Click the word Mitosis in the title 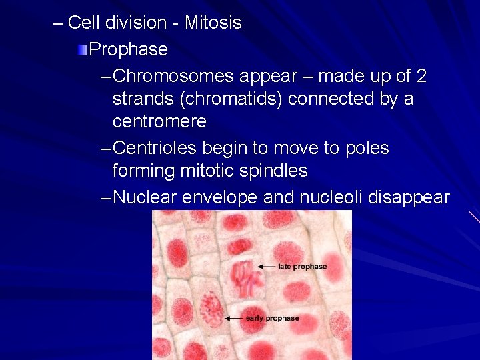tap(213, 23)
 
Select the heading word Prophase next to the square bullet tap(128, 49)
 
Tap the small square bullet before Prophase tap(83, 49)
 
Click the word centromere tap(159, 122)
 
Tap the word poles tap(365, 148)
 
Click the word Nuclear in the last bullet tap(149, 198)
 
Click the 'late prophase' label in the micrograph tap(302, 267)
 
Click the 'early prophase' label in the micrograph tap(272, 319)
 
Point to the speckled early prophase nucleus tap(212, 307)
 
